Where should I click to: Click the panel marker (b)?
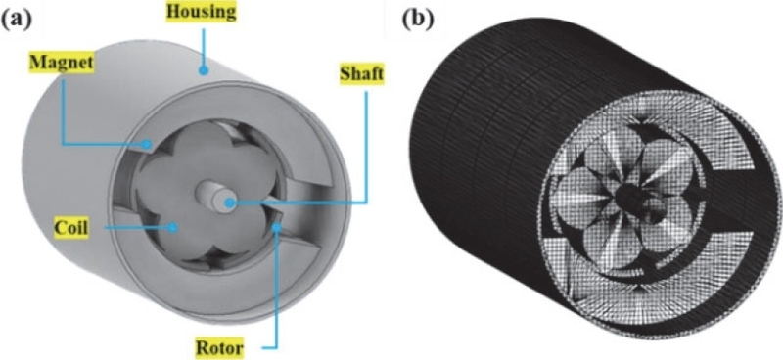coord(414,17)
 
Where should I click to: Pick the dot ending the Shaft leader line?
coord(228,202)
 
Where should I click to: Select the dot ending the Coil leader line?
coord(172,226)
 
